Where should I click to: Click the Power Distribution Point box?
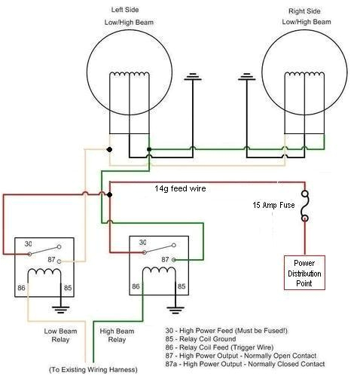[304, 272]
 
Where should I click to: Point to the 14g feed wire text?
[180, 188]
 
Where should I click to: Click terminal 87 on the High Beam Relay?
[165, 258]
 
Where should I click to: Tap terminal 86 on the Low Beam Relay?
[21, 287]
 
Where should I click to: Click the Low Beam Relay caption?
[54, 335]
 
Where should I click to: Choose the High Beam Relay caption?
[127, 335]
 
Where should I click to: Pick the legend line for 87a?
[245, 364]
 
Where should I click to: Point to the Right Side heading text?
[305, 12]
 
